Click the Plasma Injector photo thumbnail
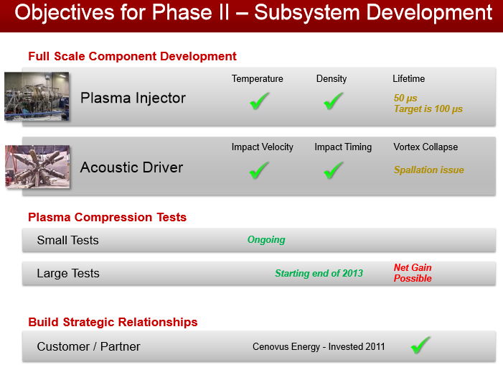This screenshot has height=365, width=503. click(x=37, y=96)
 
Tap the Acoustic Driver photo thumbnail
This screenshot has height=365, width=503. click(x=37, y=167)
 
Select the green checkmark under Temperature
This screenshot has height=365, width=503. click(x=259, y=101)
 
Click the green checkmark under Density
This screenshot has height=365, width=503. click(x=334, y=101)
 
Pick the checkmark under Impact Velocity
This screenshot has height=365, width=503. click(x=259, y=170)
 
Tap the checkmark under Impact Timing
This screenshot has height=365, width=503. click(x=334, y=170)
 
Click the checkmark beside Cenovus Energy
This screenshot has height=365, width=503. click(x=420, y=346)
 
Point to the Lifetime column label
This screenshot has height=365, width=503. click(x=409, y=79)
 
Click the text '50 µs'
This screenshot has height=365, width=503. click(x=405, y=98)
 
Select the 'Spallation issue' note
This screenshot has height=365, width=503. click(x=429, y=170)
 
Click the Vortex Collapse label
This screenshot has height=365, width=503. click(x=426, y=147)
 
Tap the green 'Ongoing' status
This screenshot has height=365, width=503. click(x=266, y=240)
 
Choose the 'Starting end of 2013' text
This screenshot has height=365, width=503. click(x=319, y=273)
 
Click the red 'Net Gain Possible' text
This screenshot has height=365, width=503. click(x=413, y=273)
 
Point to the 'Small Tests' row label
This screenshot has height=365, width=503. click(x=67, y=240)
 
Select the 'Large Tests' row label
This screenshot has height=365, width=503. click(x=68, y=273)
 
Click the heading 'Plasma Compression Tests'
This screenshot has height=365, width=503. click(x=107, y=217)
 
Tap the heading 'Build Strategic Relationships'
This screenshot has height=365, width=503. click(x=113, y=322)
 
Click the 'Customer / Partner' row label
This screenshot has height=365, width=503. click(x=88, y=346)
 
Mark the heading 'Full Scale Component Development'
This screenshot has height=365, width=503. click(x=132, y=56)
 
